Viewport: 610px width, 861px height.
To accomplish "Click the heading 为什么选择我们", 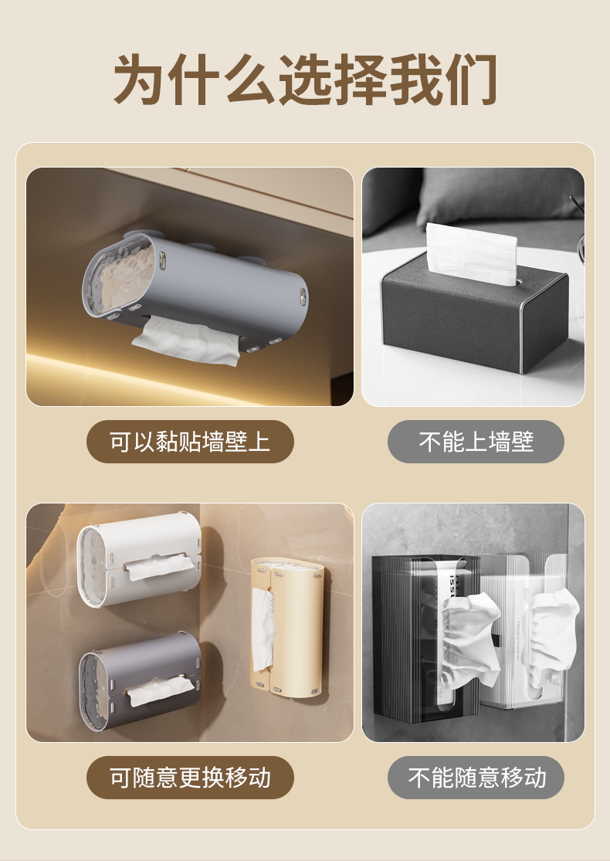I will coord(305,80).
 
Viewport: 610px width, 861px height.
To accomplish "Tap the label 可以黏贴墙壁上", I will coord(190,442).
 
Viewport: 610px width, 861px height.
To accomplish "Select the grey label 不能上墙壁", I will coord(476,442).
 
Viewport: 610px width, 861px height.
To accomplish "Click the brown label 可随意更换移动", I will coord(190,778).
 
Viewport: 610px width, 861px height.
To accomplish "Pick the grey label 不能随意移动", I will coord(476,778).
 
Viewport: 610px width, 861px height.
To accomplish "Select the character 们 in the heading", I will coord(469,80).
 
